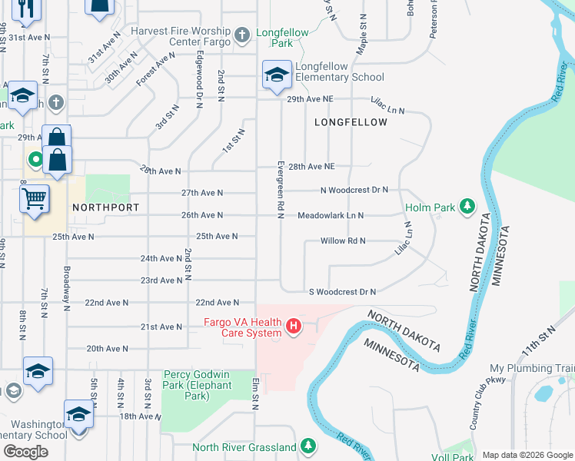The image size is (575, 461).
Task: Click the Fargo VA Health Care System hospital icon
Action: coord(293,327)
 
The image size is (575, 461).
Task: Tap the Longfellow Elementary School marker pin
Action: coord(276,75)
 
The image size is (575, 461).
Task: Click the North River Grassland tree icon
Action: coord(308,446)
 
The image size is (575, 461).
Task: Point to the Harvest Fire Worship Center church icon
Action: coord(242,35)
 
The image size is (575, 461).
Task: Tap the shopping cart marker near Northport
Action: coord(35,200)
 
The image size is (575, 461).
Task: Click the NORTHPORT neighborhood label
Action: coord(105,207)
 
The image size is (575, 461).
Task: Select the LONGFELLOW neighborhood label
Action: coord(346,122)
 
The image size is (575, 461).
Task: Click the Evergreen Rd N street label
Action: coord(281,188)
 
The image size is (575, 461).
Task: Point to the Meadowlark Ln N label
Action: coord(331,216)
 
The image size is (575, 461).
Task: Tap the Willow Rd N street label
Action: coord(342,240)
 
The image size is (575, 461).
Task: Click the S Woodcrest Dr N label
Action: coord(342,292)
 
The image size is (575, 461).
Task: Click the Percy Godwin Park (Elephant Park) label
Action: coord(198,386)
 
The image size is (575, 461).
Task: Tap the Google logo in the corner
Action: coord(26,452)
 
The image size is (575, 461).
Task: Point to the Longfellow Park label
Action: coord(284,38)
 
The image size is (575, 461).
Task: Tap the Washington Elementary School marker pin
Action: coord(79,414)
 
